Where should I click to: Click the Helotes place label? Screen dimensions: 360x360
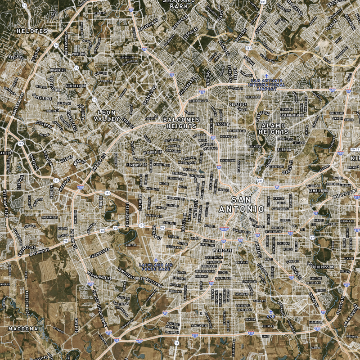31,31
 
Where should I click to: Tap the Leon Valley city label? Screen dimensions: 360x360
107,115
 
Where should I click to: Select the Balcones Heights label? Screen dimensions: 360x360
180,123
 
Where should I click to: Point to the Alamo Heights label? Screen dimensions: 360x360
274,129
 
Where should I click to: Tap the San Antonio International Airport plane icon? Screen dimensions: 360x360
267,76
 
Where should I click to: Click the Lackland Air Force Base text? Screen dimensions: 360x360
156,267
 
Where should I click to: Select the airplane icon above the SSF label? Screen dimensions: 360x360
270,311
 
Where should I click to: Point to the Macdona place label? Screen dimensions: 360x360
22,329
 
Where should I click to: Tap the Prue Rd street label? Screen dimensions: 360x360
78,54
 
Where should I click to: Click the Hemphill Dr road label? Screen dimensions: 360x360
137,165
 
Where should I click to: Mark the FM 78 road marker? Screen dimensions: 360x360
355,149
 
